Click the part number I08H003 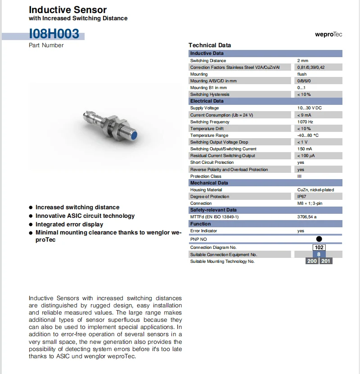click(x=54, y=34)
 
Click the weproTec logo click(x=328, y=35)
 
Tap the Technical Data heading click(x=209, y=45)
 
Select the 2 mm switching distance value click(x=302, y=60)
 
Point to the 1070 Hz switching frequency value click(x=305, y=122)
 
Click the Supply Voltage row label click(x=204, y=108)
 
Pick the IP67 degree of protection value click(x=302, y=196)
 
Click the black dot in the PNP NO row click(x=319, y=239)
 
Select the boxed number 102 click(x=319, y=247)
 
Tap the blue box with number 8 click(x=319, y=254)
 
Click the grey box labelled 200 click(x=312, y=261)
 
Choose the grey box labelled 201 click(x=326, y=261)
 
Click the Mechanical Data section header click(x=209, y=183)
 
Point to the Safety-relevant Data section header click(x=213, y=210)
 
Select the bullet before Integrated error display click(x=31, y=224)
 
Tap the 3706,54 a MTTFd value click(x=307, y=216)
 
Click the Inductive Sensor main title click(x=67, y=9)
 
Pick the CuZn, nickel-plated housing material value click(x=315, y=189)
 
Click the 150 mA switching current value click(x=304, y=149)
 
